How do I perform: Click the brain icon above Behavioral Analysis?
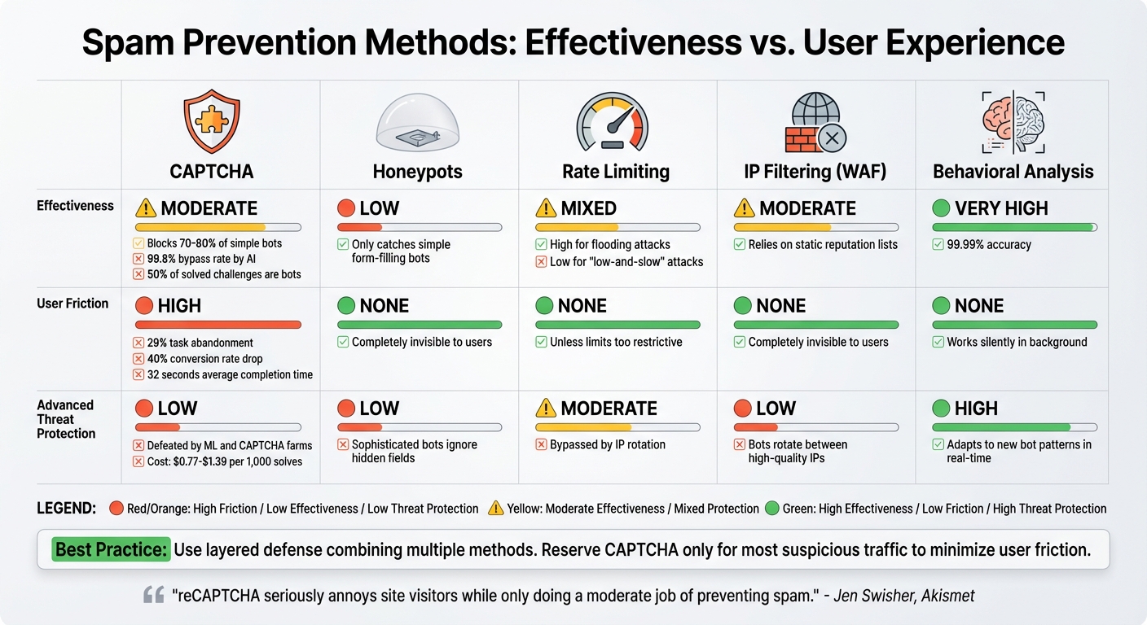(1013, 122)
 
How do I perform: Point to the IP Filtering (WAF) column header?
(814, 172)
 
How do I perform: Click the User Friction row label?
(73, 304)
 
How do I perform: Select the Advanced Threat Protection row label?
(66, 419)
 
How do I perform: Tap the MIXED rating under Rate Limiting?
(589, 208)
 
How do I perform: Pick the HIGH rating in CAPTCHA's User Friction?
(179, 306)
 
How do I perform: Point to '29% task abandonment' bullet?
(200, 343)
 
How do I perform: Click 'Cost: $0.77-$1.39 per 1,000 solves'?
(224, 461)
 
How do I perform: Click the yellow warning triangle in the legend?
(495, 509)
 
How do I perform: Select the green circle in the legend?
(771, 509)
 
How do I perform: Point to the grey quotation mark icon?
(154, 596)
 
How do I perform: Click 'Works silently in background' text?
(1017, 342)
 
